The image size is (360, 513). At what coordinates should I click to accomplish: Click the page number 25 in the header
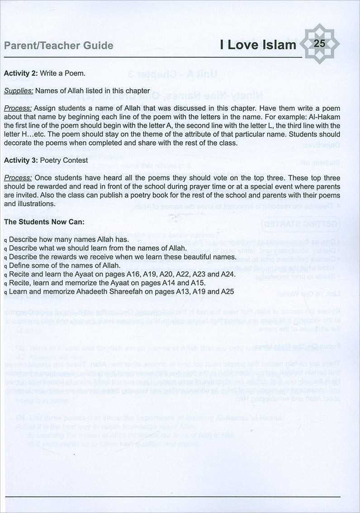319,44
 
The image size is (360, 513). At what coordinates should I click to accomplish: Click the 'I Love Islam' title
258,45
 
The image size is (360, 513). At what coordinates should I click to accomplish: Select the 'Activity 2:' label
21,72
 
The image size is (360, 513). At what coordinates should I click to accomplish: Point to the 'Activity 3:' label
21,160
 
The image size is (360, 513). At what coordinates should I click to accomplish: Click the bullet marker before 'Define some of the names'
5,266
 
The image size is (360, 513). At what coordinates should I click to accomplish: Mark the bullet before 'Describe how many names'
5,240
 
